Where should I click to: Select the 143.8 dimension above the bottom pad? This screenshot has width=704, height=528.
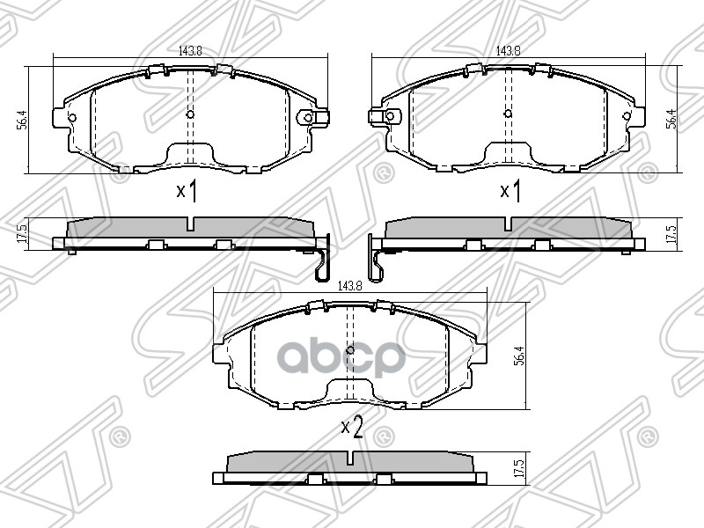click(x=349, y=285)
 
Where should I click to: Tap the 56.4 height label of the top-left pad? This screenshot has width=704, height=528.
click(x=22, y=118)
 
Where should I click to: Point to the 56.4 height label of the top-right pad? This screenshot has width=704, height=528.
click(x=671, y=118)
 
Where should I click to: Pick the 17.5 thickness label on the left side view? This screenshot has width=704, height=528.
click(x=22, y=233)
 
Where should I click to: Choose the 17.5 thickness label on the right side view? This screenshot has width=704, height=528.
click(x=671, y=233)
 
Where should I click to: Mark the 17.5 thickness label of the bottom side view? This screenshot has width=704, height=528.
click(x=520, y=467)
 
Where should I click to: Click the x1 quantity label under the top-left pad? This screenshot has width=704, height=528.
click(x=186, y=191)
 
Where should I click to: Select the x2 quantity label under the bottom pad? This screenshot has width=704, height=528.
click(x=352, y=429)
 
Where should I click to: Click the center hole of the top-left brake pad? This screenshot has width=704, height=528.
click(x=191, y=114)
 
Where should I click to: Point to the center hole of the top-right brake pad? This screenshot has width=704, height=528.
click(x=508, y=114)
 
